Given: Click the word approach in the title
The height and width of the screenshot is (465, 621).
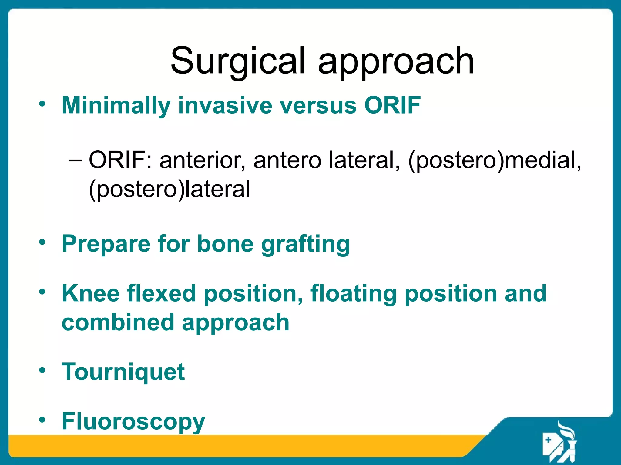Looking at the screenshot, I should pos(396,61).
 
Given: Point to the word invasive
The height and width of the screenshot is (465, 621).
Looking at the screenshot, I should pos(225,105).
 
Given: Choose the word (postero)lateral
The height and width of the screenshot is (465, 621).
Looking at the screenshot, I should pos(169,189).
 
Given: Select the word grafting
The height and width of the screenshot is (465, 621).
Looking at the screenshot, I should pos(306,244).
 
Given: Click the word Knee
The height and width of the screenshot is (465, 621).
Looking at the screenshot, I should pos(91,293).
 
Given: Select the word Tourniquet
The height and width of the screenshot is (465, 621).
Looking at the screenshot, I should pos(123,372).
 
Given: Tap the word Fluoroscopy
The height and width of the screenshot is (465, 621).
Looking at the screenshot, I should pos(133,421).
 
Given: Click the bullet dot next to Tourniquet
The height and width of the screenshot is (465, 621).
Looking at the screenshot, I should pos(42,370).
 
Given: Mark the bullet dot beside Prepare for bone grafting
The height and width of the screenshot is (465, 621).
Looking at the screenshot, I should pos(42,242).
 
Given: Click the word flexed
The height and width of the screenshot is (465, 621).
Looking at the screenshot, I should pos(161,293).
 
